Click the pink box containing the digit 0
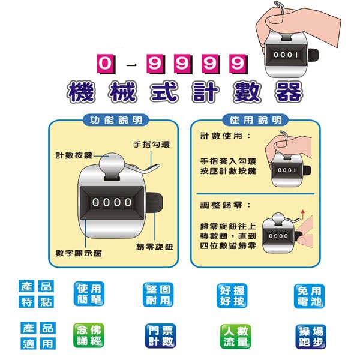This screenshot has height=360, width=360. pyautogui.click(x=106, y=64)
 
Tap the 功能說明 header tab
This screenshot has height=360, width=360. pyautogui.click(x=116, y=120)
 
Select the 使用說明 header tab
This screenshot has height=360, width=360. pyautogui.click(x=256, y=120)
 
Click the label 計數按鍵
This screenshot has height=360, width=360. pyautogui.click(x=74, y=155)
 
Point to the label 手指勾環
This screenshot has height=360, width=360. pyautogui.click(x=152, y=145)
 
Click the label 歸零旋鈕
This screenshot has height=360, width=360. pyautogui.click(x=155, y=247)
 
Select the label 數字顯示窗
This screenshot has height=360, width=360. pyautogui.click(x=79, y=253)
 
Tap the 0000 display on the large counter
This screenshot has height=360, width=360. pyautogui.click(x=112, y=202)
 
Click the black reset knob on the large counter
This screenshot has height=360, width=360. pyautogui.click(x=155, y=202)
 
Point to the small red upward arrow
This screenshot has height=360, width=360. pyautogui.click(x=303, y=214)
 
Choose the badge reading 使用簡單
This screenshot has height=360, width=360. pyautogui.click(x=89, y=294)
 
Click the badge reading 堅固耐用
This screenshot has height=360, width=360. pyautogui.click(x=158, y=295)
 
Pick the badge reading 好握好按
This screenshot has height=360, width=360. pyautogui.click(x=232, y=296)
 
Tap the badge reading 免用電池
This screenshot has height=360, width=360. pyautogui.click(x=309, y=296)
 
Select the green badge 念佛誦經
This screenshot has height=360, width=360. pyautogui.click(x=89, y=335)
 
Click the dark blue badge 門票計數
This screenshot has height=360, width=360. pyautogui.click(x=160, y=336)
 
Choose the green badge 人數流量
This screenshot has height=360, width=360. pyautogui.click(x=235, y=337)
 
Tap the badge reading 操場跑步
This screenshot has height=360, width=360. pyautogui.click(x=311, y=337)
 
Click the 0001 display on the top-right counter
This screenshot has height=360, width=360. pyautogui.click(x=286, y=55)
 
